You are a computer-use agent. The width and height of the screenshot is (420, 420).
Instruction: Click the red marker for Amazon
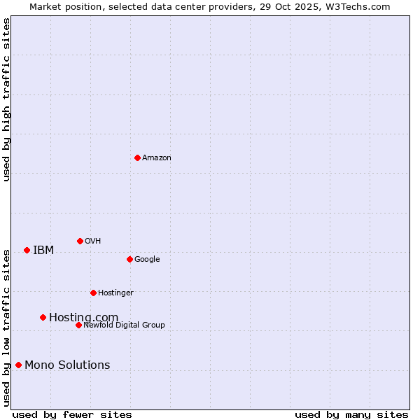137,157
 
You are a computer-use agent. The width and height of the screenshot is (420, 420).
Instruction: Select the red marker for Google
129,259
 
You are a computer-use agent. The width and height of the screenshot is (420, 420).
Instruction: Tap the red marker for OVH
80,241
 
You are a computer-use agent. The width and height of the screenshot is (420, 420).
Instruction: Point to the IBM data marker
27,250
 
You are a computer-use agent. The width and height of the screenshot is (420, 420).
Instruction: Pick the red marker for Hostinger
93,293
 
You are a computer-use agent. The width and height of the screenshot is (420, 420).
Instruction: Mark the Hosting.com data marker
43,317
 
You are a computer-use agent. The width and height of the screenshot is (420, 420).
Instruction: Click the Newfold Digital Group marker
78,325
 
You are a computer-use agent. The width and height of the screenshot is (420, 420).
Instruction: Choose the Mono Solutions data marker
18,365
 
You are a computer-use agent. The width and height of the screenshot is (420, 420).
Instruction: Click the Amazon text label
157,158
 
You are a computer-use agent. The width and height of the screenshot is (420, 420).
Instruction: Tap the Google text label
147,260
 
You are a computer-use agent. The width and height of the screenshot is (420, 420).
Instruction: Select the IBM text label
43,251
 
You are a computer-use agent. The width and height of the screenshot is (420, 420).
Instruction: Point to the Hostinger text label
115,293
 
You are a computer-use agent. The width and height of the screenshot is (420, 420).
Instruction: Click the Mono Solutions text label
67,365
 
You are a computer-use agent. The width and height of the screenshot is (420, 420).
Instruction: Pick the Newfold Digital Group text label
124,325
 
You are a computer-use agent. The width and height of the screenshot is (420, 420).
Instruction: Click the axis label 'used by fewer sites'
72,414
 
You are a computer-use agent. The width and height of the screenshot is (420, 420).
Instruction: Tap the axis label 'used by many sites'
351,414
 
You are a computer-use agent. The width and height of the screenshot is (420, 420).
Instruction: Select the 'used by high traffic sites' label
6,99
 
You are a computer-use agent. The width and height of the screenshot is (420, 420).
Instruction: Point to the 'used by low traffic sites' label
6,327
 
